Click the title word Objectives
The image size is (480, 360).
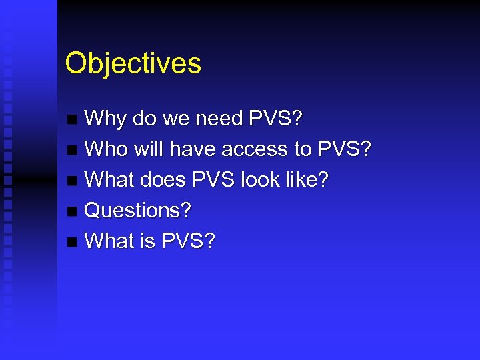coord(133,64)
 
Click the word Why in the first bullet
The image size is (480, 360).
coord(106,119)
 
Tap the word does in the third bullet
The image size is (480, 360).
coord(163,180)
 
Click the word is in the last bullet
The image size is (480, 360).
coord(147,241)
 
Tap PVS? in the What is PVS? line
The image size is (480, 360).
coord(189,241)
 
